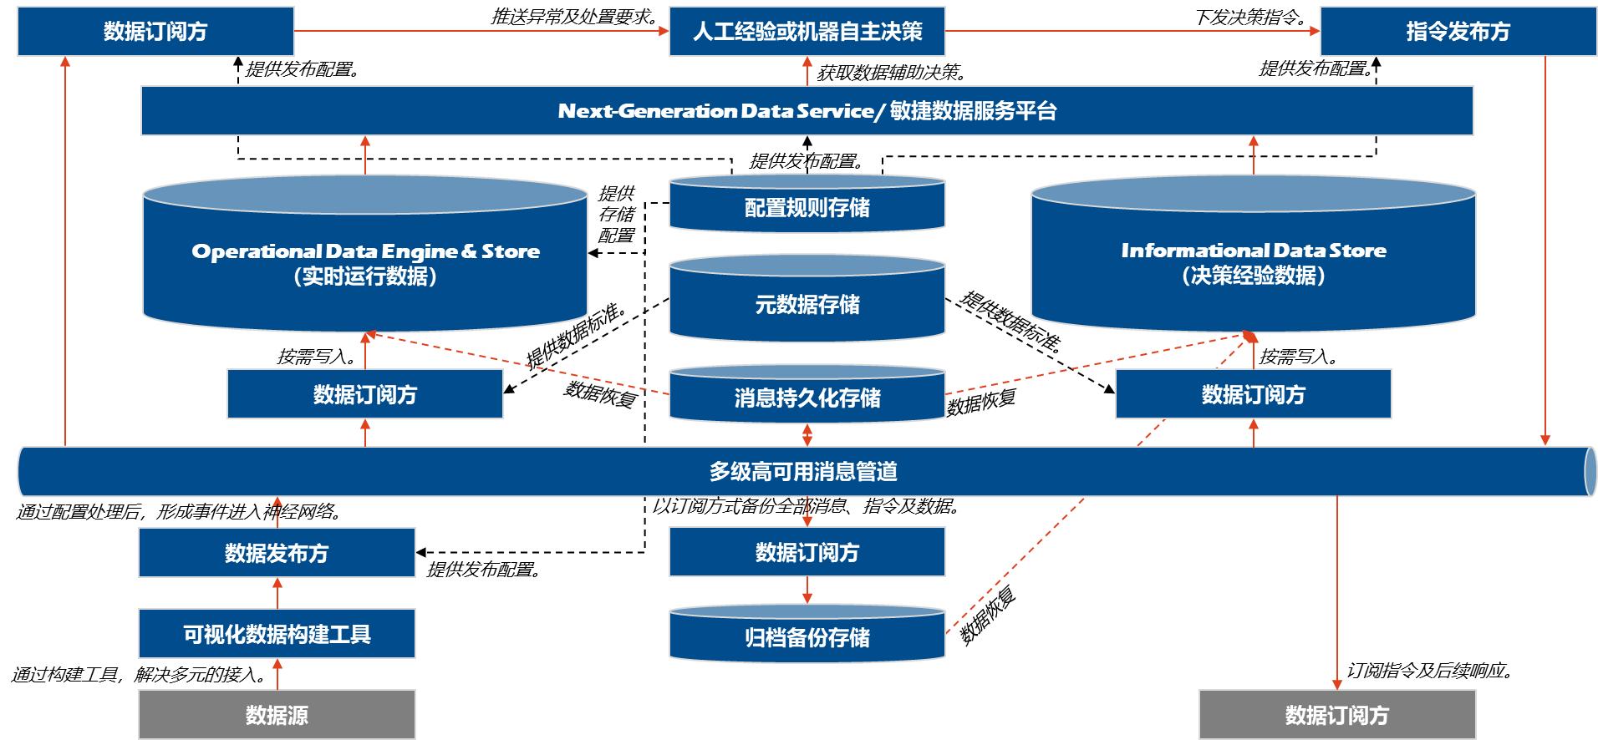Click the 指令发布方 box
pyautogui.click(x=1458, y=32)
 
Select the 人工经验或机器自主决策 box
pyautogui.click(x=807, y=32)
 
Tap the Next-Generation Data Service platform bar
pyautogui.click(x=807, y=111)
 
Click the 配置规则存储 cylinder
pyautogui.click(x=807, y=207)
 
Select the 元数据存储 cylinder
pyautogui.click(x=807, y=304)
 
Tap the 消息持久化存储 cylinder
pyautogui.click(x=807, y=398)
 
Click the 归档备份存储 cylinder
pyautogui.click(x=807, y=637)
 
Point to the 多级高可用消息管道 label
pyautogui.click(x=803, y=472)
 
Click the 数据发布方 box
pyautogui.click(x=277, y=553)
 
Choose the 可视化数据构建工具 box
pyautogui.click(x=277, y=634)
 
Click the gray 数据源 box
pyautogui.click(x=277, y=715)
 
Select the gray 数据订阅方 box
pyautogui.click(x=1336, y=715)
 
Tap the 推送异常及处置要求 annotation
pyautogui.click(x=575, y=17)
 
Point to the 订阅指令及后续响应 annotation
pyautogui.click(x=1430, y=671)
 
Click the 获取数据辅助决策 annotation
pyautogui.click(x=891, y=72)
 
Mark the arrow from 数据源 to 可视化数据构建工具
pyautogui.click(x=277, y=674)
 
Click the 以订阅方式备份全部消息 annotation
pyautogui.click(x=807, y=506)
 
